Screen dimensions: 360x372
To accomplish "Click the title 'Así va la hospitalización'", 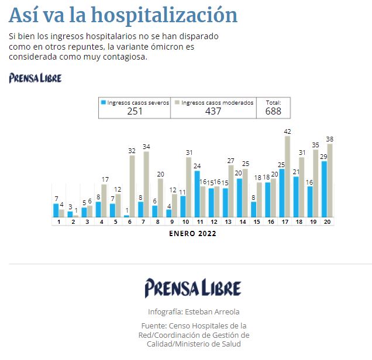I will [123, 15].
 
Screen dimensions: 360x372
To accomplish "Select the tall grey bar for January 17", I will [287, 176].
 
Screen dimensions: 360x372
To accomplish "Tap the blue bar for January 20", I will [325, 189].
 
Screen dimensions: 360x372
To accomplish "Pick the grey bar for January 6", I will [132, 186].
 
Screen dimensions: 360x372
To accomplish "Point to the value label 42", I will [287, 131].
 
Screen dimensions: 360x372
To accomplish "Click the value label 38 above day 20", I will [330, 139].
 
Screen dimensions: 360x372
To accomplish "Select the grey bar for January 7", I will [146, 185].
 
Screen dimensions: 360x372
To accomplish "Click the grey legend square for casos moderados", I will [177, 102].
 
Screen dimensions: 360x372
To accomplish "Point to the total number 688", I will [273, 111].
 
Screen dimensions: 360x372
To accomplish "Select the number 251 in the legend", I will [135, 111].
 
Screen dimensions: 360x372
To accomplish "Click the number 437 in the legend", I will [213, 111].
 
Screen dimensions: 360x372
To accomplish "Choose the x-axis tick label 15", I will [256, 222].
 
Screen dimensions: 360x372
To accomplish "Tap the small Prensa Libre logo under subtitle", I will [35, 78].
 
